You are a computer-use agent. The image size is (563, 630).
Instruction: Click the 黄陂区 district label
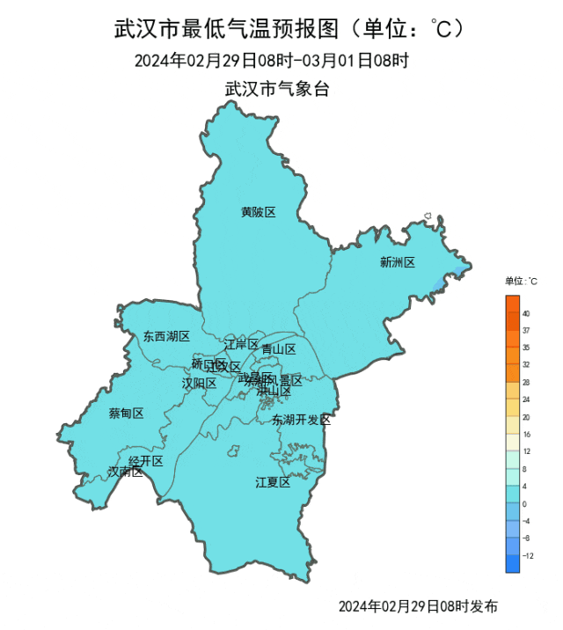(x=259, y=212)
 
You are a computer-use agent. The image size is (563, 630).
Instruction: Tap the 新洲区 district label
(x=397, y=262)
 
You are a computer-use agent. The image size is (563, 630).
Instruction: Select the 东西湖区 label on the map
(x=166, y=336)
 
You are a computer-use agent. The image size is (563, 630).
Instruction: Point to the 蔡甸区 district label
(x=126, y=413)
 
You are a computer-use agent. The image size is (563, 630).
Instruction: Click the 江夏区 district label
(x=273, y=481)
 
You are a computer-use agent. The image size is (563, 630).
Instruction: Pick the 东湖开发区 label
(x=301, y=420)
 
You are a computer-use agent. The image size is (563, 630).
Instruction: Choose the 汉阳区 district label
(x=199, y=383)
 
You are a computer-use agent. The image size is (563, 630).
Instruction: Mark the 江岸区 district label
(x=241, y=344)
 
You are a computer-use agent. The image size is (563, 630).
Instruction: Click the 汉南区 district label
(x=125, y=472)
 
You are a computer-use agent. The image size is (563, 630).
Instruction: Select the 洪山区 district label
(x=274, y=391)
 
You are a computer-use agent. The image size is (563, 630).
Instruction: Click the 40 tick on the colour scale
(x=526, y=313)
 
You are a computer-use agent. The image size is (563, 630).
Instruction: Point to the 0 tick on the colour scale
(x=524, y=504)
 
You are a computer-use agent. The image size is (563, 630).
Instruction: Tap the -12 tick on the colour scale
(x=528, y=556)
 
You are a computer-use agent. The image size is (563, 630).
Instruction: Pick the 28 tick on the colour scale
(x=526, y=383)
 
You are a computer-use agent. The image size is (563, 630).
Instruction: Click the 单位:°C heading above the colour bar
(x=521, y=282)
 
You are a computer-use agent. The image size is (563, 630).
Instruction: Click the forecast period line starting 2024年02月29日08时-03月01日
(x=272, y=61)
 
